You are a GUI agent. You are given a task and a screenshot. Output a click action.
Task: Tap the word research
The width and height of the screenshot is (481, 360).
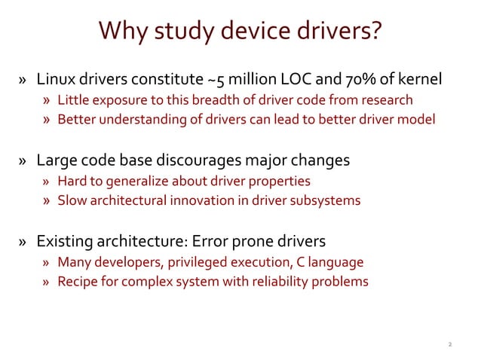tap(386, 100)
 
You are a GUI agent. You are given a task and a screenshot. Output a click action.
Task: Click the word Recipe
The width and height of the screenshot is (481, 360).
tap(77, 282)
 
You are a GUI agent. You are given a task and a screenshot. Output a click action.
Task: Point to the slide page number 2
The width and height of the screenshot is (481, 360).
tap(449, 344)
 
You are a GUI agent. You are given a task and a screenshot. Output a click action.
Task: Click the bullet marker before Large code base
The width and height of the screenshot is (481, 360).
tap(24, 161)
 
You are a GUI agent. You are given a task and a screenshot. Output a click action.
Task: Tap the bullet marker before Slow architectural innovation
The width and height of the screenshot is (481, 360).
tap(47, 201)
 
